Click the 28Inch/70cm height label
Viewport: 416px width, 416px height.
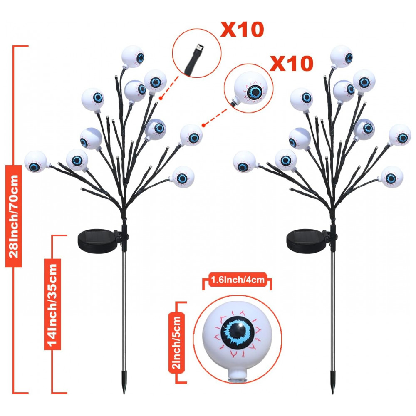(14, 216)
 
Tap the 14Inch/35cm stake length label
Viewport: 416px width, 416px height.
(52, 305)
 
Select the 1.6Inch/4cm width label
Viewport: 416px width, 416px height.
(238, 280)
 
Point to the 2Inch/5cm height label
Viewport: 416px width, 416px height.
(176, 342)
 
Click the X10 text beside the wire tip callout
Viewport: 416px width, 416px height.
(242, 29)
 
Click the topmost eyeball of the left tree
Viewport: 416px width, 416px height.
(133, 57)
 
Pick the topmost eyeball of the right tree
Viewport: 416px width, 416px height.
(342, 57)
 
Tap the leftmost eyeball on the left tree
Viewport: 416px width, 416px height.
(35, 162)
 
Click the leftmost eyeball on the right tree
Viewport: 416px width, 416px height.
(244, 162)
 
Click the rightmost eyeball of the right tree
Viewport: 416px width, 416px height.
(400, 135)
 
